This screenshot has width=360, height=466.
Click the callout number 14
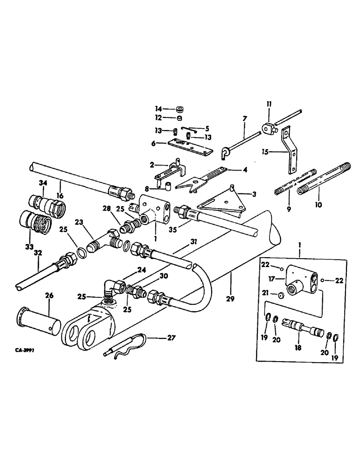(158, 109)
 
